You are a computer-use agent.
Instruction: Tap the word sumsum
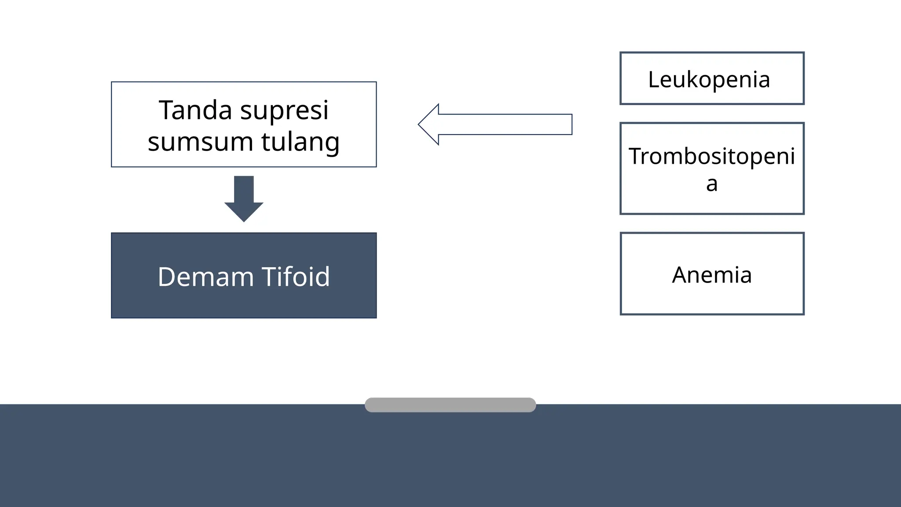tap(200, 142)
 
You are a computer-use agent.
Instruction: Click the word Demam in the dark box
tap(205, 277)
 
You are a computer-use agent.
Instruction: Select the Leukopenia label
tap(709, 80)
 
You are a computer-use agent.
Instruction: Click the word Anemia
tap(711, 275)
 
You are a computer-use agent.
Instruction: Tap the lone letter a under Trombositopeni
tap(712, 184)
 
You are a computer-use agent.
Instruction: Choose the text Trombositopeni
tap(711, 156)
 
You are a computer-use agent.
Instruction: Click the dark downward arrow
tap(244, 198)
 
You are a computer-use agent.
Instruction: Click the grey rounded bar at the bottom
tap(450, 405)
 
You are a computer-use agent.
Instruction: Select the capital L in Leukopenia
tap(654, 80)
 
